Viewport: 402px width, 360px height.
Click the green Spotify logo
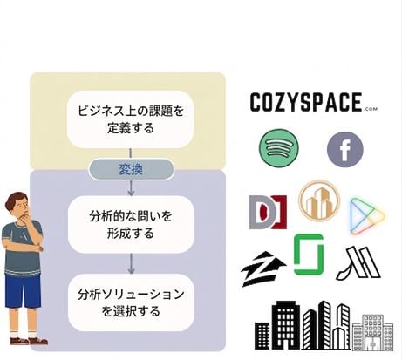pyautogui.click(x=279, y=147)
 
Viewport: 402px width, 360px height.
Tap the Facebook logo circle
pyautogui.click(x=345, y=149)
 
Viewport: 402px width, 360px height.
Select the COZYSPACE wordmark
pyautogui.click(x=306, y=102)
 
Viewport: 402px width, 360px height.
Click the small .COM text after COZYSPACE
pyautogui.click(x=370, y=109)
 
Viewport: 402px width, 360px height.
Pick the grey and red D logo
pyautogui.click(x=268, y=212)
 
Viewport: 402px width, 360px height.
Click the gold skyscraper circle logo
pyautogui.click(x=319, y=201)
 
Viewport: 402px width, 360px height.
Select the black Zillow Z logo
pyautogui.click(x=262, y=269)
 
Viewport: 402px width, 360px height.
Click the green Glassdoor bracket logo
pyautogui.click(x=309, y=255)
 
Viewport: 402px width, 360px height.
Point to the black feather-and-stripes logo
pyautogui.click(x=359, y=263)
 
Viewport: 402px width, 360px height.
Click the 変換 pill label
pyautogui.click(x=131, y=169)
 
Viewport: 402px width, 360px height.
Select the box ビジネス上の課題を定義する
pyautogui.click(x=130, y=119)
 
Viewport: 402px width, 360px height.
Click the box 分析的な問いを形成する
pyautogui.click(x=131, y=225)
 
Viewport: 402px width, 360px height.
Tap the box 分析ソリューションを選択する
pyautogui.click(x=131, y=302)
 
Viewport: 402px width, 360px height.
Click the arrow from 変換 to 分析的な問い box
pyautogui.click(x=131, y=187)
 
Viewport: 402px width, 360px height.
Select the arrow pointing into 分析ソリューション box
pyautogui.click(x=131, y=263)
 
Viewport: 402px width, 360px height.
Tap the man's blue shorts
pyautogui.click(x=23, y=291)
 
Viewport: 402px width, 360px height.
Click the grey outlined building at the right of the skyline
pyautogui.click(x=373, y=333)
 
